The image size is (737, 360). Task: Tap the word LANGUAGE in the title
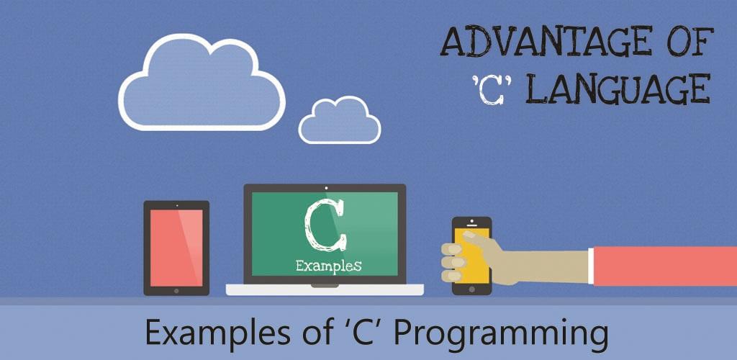tap(618, 89)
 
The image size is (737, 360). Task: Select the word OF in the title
tap(689, 42)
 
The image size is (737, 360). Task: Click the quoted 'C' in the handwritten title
tap(492, 90)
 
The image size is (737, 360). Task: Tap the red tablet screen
tap(176, 248)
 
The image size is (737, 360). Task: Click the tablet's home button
tap(176, 291)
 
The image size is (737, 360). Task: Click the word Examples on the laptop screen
tap(328, 266)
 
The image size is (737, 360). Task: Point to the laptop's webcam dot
tap(326, 188)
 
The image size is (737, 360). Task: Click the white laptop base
tap(325, 289)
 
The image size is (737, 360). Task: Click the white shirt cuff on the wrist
tap(591, 266)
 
